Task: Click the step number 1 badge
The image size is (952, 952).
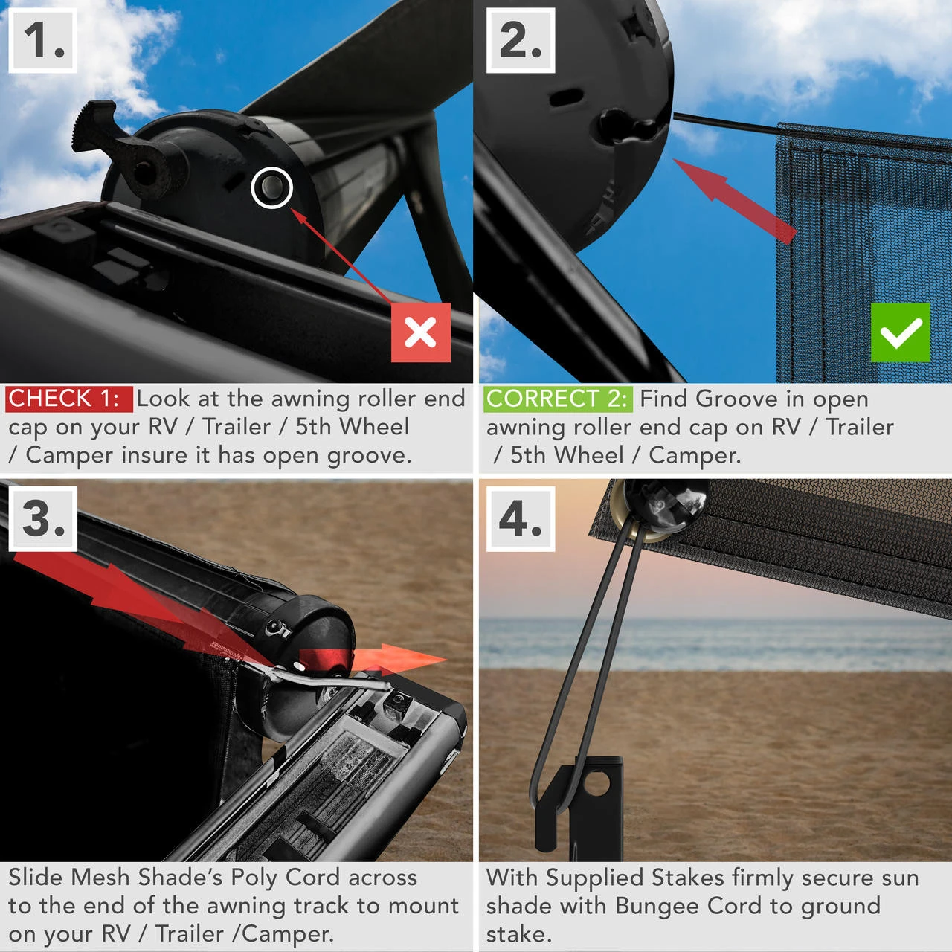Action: point(43,41)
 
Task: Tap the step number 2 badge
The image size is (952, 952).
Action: point(521,41)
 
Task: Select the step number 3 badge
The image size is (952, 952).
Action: point(43,518)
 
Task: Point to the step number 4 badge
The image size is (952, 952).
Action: point(521,518)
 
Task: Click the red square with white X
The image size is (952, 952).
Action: point(421,332)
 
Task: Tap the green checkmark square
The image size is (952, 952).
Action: point(900,332)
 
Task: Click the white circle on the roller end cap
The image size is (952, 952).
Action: point(271,187)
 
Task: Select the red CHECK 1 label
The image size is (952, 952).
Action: point(68,399)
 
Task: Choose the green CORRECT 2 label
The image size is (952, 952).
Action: point(557,399)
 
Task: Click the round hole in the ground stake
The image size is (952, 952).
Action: point(596,782)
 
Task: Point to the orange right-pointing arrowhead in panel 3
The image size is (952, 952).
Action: point(416,658)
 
